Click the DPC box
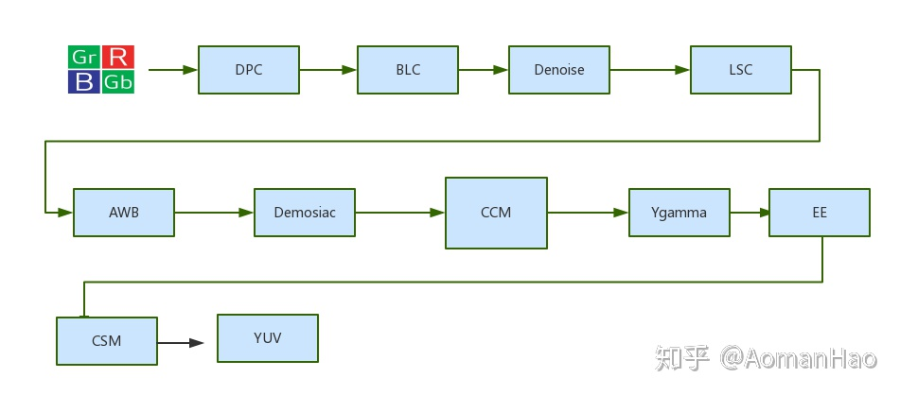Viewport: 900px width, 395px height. click(248, 70)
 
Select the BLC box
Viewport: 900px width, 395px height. click(407, 70)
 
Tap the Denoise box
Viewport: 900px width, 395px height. click(558, 70)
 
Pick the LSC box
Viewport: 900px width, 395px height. click(740, 70)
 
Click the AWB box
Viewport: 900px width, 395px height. click(123, 213)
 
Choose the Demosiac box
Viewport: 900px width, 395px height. click(304, 213)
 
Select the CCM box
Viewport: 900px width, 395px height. click(496, 213)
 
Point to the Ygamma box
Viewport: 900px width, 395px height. click(679, 213)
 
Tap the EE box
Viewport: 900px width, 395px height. click(819, 213)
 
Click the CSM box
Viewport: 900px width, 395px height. click(107, 341)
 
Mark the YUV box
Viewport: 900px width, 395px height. click(267, 338)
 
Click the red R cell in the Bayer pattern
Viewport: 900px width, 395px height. click(118, 57)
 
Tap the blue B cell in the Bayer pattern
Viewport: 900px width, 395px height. click(84, 82)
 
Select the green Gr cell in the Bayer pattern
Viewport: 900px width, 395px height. click(84, 57)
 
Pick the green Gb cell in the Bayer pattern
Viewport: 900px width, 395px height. click(118, 82)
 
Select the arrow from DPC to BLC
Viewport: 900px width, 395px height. click(327, 70)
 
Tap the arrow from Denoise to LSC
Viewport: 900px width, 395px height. click(649, 70)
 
